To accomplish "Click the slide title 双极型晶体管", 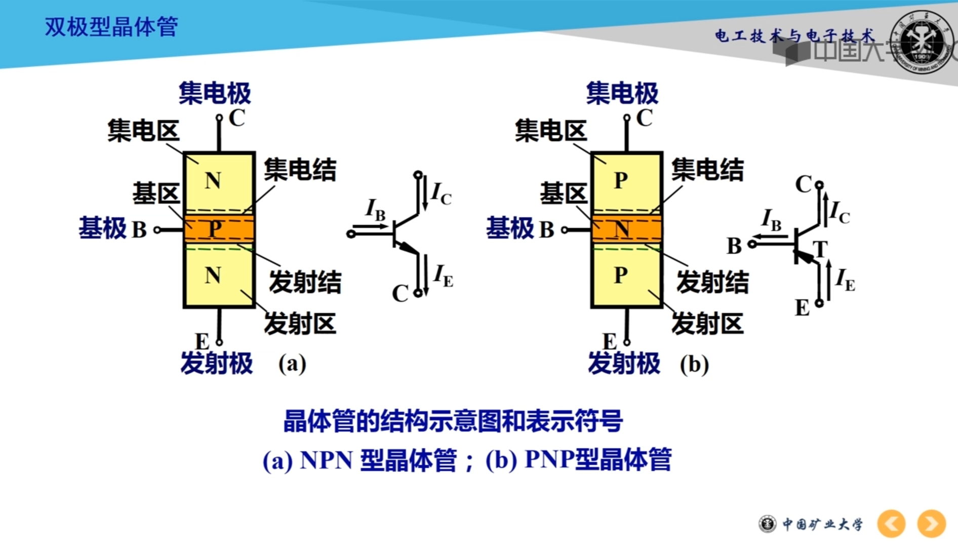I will click(x=111, y=27).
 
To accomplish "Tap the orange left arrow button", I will click(x=891, y=523).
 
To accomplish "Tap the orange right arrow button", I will click(x=931, y=523).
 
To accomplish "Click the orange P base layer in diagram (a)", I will click(x=219, y=229).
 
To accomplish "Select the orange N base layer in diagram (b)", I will click(x=626, y=229).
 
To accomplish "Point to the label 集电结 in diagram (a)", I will click(x=300, y=170).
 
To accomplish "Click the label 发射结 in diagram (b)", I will click(x=712, y=282).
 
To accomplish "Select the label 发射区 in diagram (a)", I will click(x=300, y=323).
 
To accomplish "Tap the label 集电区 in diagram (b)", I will click(x=550, y=131).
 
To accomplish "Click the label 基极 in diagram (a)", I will click(x=102, y=228).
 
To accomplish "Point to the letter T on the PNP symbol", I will click(x=820, y=249).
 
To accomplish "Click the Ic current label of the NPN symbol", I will click(x=441, y=194).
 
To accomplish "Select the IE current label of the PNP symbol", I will click(x=845, y=280).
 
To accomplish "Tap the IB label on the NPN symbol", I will click(x=376, y=210).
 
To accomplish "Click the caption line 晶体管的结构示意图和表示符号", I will click(x=453, y=421).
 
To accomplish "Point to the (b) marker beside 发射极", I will click(x=694, y=364).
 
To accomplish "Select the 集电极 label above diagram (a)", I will click(x=215, y=93).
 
